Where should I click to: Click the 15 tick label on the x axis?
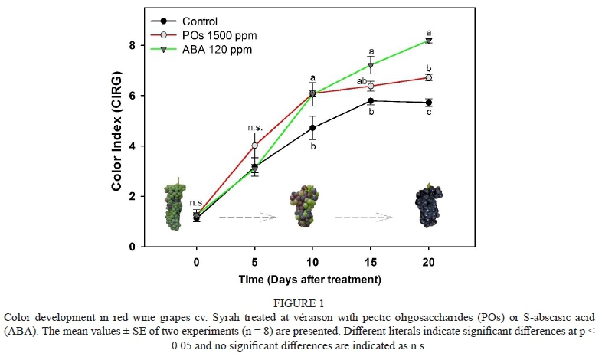[x=371, y=261]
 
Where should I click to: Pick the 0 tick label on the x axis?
[x=197, y=261]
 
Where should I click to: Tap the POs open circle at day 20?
[x=429, y=77]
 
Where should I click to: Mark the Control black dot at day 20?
[x=429, y=103]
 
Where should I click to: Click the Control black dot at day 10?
[x=312, y=128]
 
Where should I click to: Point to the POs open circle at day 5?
[x=255, y=146]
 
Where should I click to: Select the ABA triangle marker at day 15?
[x=371, y=66]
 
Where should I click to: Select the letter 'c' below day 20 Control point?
[x=429, y=114]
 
